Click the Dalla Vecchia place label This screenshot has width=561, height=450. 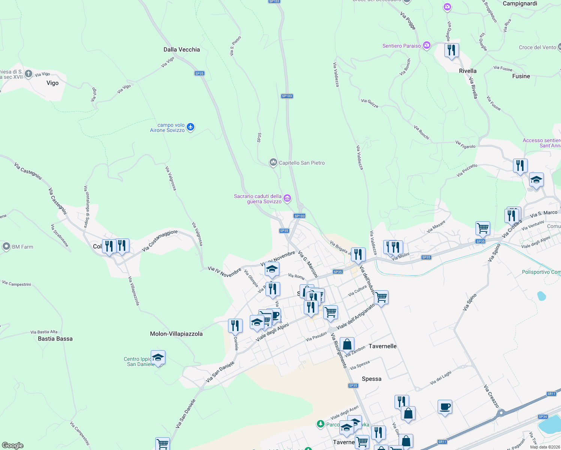click(181, 49)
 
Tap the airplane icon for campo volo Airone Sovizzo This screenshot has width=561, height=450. click(190, 127)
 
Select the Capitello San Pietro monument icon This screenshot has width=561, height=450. click(273, 162)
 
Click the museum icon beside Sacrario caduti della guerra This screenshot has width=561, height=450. click(287, 198)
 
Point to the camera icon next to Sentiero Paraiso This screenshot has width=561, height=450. click(426, 46)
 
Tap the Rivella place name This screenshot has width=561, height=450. click(468, 71)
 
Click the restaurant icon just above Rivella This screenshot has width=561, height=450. click(451, 50)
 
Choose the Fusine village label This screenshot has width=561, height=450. click(521, 76)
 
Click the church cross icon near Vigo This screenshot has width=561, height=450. click(28, 74)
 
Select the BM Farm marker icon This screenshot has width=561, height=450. click(6, 246)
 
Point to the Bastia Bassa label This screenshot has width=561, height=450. click(55, 339)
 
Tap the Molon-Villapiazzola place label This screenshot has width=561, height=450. click(176, 334)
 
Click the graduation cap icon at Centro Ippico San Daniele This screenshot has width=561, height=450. click(158, 358)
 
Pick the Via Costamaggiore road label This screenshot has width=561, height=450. click(160, 241)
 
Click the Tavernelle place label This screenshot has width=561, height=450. click(382, 346)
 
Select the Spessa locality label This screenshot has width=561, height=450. click(372, 379)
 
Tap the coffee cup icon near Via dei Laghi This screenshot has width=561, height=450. click(445, 407)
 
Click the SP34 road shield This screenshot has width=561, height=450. click(543, 417)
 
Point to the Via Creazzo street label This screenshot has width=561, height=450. click(491, 396)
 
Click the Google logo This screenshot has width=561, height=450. click(13, 445)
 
